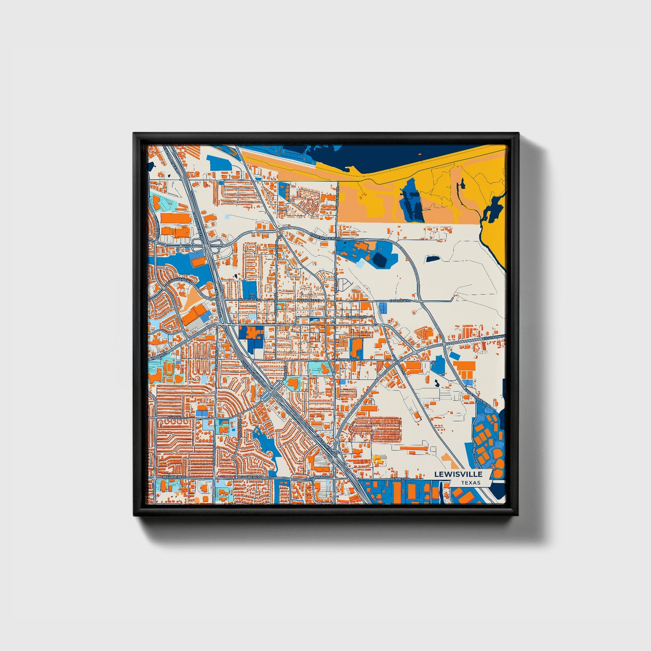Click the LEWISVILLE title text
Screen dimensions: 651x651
coord(458,474)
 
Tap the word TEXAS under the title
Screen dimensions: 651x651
coord(470,483)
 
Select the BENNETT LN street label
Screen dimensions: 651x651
coord(399,478)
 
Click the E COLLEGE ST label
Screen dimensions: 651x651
coord(400,300)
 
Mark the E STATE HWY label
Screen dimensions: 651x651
coord(493,337)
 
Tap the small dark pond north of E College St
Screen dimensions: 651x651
coord(433,259)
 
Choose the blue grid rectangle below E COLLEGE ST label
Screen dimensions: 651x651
coord(383,308)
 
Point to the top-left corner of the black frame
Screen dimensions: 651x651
coord(134,134)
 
